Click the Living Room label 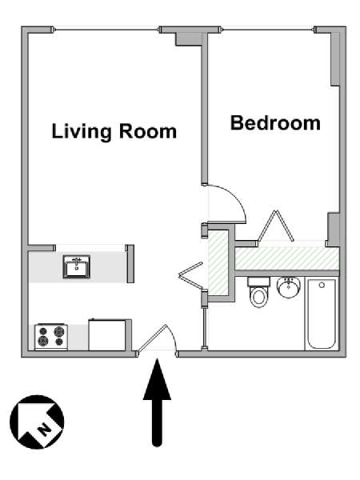114,132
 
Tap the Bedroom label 275,123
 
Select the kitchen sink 77,266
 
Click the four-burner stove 51,337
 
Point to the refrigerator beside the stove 107,335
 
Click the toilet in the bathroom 259,292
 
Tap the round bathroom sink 288,287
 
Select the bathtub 321,314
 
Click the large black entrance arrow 157,402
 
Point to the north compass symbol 37,422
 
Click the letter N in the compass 45,428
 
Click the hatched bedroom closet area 287,258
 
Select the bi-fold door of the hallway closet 190,275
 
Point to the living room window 107,30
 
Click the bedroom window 268,30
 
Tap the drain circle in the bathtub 322,286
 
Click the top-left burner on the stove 43,331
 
